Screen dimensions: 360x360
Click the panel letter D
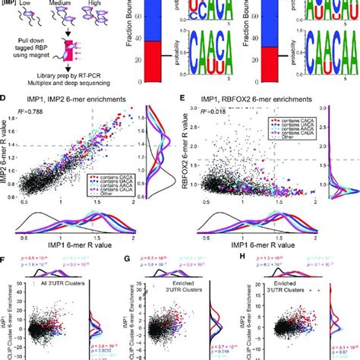[6, 98]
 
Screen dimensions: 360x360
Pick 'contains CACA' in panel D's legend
[113, 173]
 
